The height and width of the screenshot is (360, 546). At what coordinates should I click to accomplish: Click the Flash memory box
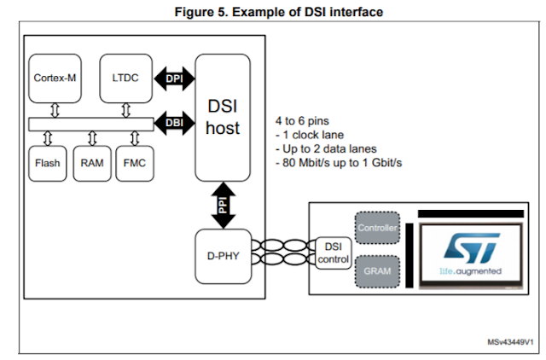coord(47,162)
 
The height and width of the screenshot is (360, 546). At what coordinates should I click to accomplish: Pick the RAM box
coord(92,162)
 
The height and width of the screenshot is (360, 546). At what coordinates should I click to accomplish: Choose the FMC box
coord(135,162)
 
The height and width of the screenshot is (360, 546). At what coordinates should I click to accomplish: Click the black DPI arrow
coord(175,78)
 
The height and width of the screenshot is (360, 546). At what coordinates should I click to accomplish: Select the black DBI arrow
coord(175,122)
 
